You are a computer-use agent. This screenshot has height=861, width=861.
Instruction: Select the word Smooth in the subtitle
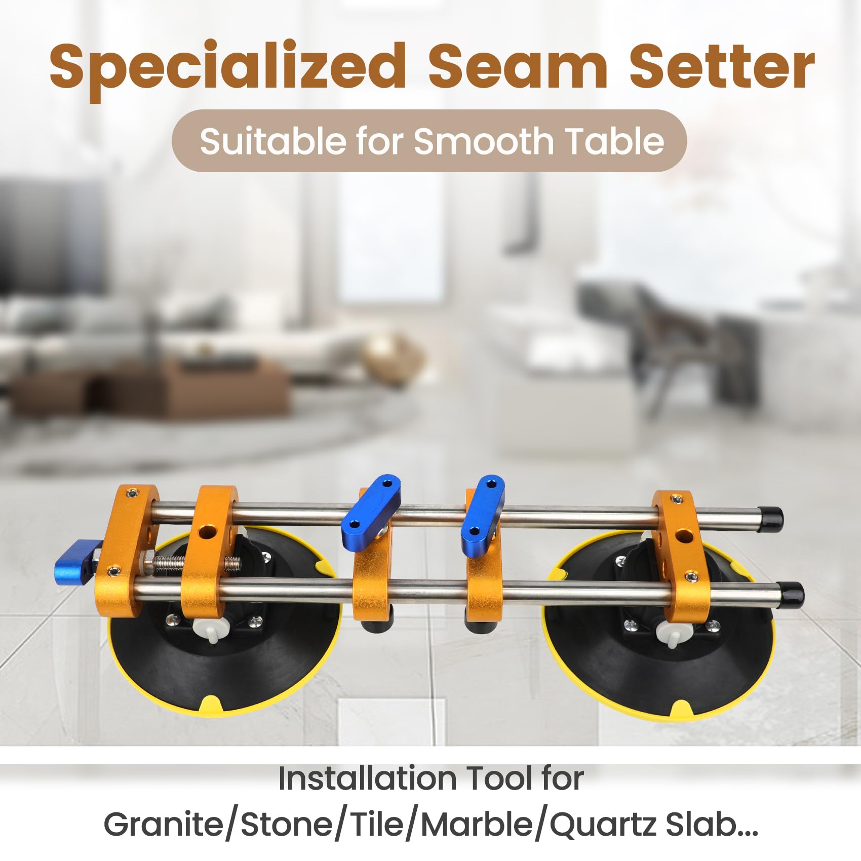(x=484, y=141)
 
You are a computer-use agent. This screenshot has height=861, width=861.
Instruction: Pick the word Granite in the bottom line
(x=164, y=825)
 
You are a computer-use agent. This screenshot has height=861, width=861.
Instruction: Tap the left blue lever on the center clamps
(x=371, y=512)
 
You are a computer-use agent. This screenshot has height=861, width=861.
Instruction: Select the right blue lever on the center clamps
(x=483, y=516)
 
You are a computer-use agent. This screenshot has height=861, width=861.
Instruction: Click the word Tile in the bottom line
(x=378, y=825)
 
